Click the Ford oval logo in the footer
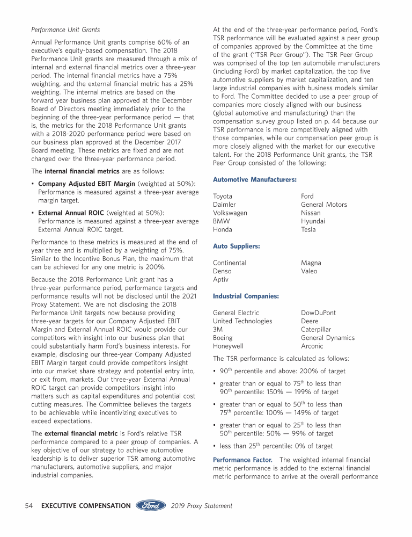tap(152, 505)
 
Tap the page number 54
tap(30, 506)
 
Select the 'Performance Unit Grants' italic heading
tap(65, 30)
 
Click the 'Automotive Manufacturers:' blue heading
tap(254, 179)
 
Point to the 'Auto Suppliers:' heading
tap(236, 246)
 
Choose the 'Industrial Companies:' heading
tap(246, 296)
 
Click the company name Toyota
tap(223, 197)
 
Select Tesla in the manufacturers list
tap(308, 230)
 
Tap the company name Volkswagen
tap(230, 213)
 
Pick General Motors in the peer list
tap(323, 205)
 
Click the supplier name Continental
tap(230, 263)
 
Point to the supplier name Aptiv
tap(220, 280)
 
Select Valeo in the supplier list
tap(309, 271)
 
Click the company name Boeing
tap(223, 338)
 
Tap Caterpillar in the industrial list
tap(315, 330)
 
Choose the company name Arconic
tap(312, 346)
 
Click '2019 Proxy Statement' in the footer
tap(202, 506)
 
